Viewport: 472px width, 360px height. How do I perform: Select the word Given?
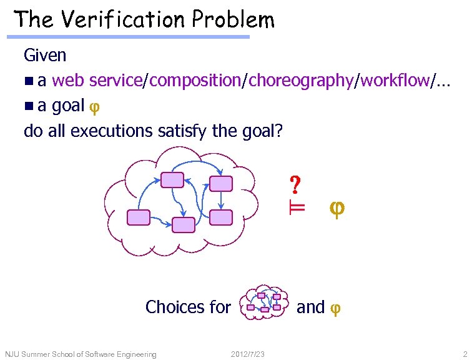45,56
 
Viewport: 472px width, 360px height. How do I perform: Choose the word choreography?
300,81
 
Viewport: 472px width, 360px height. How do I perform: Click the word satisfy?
179,131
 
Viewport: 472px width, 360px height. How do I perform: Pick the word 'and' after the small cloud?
310,307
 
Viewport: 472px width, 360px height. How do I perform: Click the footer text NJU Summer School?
81,354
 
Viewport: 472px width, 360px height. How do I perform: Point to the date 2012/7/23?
248,354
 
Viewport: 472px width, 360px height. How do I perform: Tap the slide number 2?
465,354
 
